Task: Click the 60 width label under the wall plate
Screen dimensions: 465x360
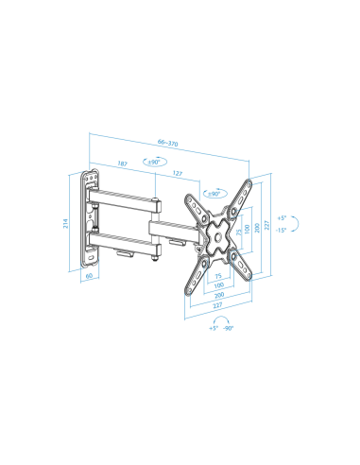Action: pos(89,278)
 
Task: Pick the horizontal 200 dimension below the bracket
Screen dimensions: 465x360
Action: pos(219,295)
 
